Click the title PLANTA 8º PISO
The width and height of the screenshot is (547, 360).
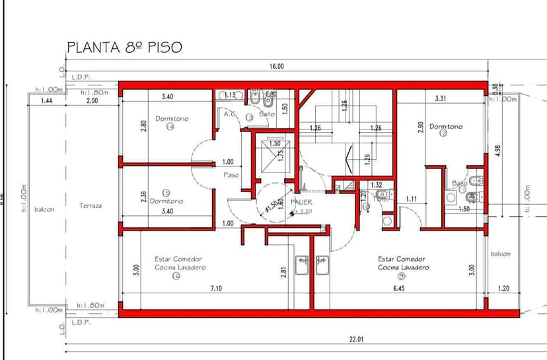point(124,48)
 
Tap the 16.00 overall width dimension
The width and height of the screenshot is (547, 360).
point(276,66)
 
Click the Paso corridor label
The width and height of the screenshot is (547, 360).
point(231,175)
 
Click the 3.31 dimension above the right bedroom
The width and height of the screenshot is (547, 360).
point(443,98)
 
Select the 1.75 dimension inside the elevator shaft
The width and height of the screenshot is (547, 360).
point(281,155)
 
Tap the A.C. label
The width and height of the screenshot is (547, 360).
point(230,114)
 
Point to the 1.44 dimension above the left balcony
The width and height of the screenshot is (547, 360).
point(46,100)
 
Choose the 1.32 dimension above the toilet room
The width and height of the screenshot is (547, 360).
point(377,185)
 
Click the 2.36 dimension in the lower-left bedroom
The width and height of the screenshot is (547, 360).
point(143,197)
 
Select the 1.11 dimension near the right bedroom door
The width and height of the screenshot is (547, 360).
point(412,198)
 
